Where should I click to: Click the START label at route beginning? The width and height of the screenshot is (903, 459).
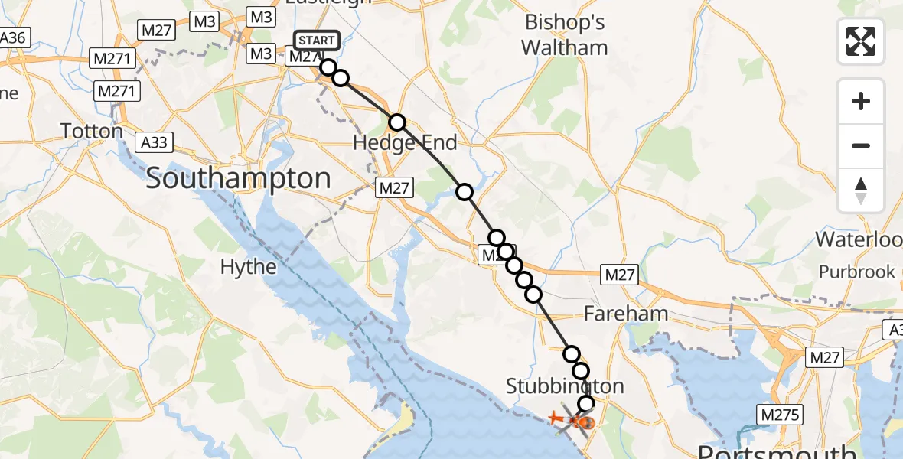316,41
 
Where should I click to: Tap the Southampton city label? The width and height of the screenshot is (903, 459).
238,179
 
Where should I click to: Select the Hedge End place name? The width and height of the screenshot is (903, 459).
405,143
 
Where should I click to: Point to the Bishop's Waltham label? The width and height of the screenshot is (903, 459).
564,35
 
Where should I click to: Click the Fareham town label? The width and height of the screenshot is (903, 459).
625,314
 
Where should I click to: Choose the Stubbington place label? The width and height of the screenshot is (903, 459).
565,386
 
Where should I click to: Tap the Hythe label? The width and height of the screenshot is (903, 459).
248,267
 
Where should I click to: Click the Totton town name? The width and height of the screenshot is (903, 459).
92,132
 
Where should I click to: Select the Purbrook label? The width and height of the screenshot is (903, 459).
856,272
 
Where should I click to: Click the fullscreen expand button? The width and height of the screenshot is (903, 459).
861,41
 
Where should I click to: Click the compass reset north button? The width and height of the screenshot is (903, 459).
861,190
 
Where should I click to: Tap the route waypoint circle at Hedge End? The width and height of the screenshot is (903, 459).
396,122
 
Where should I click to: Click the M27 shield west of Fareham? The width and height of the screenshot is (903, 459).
619,275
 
